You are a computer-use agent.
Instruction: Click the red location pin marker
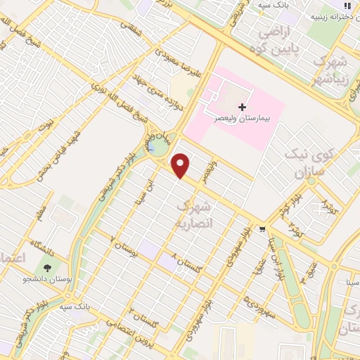181,165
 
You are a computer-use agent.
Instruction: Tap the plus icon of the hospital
243,107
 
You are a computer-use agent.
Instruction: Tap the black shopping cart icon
262,229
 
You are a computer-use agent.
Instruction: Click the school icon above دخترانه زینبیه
346,6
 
